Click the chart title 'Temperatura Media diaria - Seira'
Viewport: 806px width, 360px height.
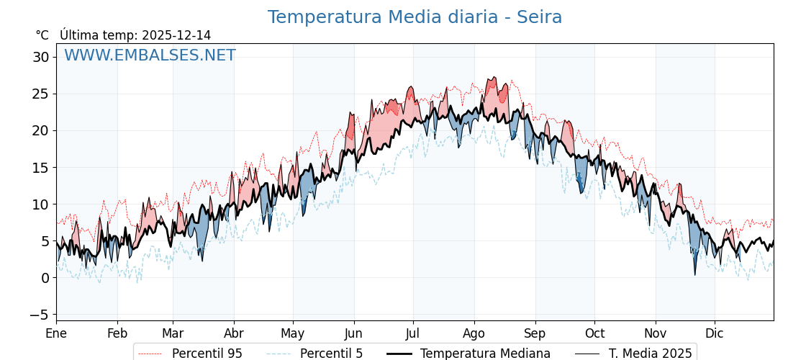(x=415, y=17)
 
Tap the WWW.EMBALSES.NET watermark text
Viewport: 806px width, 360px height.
(x=150, y=55)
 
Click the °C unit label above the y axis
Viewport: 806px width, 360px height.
(x=42, y=35)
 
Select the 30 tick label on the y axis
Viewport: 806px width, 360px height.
(x=40, y=57)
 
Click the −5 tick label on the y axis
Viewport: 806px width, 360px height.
(x=38, y=315)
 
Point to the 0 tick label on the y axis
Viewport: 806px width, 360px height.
(x=45, y=278)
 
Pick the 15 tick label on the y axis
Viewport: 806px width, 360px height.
(x=40, y=168)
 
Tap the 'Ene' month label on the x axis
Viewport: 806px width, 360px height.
(x=56, y=333)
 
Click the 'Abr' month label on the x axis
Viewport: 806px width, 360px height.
(x=234, y=333)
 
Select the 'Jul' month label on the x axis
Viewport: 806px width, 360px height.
(x=413, y=333)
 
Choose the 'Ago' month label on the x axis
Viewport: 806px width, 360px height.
(x=474, y=333)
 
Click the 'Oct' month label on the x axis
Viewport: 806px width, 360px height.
(x=594, y=333)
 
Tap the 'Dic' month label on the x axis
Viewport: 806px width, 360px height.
(x=715, y=333)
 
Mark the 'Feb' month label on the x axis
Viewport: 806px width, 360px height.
(x=117, y=333)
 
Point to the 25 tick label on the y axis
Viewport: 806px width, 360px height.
(x=40, y=94)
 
